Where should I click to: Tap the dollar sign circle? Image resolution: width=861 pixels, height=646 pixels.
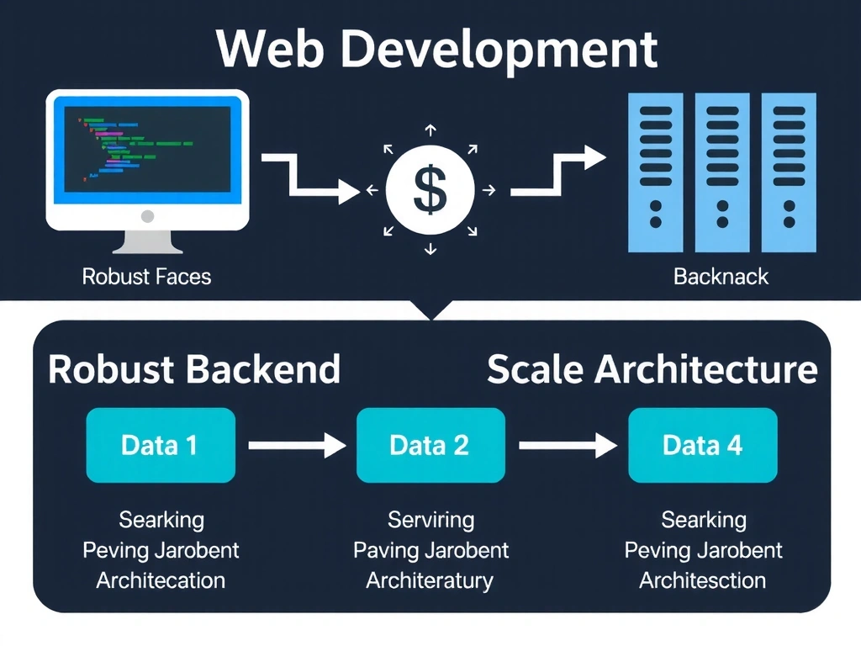[x=430, y=190]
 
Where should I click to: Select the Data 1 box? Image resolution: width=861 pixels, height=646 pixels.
[x=160, y=445]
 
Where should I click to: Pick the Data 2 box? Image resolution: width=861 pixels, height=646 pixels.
[x=430, y=445]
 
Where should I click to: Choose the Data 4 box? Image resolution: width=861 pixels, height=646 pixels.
[x=702, y=445]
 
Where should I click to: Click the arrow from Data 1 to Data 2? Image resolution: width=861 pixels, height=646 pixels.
[x=297, y=446]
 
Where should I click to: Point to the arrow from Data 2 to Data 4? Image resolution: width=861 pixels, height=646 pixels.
[x=568, y=446]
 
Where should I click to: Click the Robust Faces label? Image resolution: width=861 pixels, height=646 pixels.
[x=146, y=276]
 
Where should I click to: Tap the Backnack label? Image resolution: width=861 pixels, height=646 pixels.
[x=721, y=276]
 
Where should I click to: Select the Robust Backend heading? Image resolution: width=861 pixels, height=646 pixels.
[x=194, y=370]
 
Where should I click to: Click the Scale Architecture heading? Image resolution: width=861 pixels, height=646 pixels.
[x=652, y=370]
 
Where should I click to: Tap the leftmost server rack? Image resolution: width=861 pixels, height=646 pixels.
[x=656, y=172]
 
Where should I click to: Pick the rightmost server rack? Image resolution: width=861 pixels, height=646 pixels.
[x=789, y=172]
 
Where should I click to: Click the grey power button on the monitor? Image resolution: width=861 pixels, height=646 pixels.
[x=148, y=216]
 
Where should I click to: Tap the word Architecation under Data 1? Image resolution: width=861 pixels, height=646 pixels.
[x=161, y=580]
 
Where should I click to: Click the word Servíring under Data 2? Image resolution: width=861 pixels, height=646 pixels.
[x=430, y=520]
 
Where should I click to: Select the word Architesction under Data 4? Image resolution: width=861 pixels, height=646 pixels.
[x=702, y=580]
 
